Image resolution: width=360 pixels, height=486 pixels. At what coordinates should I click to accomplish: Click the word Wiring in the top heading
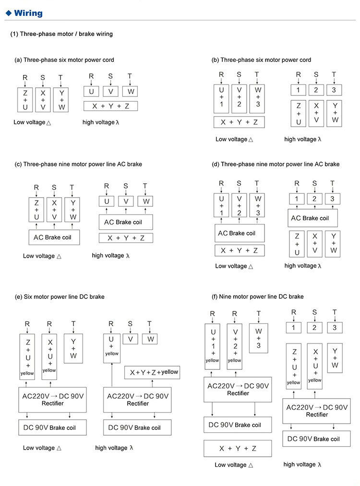tap(28, 13)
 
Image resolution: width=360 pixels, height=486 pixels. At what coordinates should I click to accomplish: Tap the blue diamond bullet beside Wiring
tap(8, 13)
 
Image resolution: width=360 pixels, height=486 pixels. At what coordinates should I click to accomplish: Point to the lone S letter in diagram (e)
tap(130, 324)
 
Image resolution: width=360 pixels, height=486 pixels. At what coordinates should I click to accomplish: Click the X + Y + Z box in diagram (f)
tap(238, 449)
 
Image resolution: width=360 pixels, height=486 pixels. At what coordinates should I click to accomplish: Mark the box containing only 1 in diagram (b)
tap(298, 90)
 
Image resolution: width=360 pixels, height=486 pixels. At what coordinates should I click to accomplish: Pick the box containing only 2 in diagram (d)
tap(315, 199)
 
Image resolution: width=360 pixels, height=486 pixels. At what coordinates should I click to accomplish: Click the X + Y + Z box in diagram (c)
tap(126, 237)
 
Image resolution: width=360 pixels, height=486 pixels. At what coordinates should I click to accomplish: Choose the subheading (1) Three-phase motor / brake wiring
tap(61, 34)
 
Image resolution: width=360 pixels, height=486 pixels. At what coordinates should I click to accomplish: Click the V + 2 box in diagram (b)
tap(239, 97)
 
